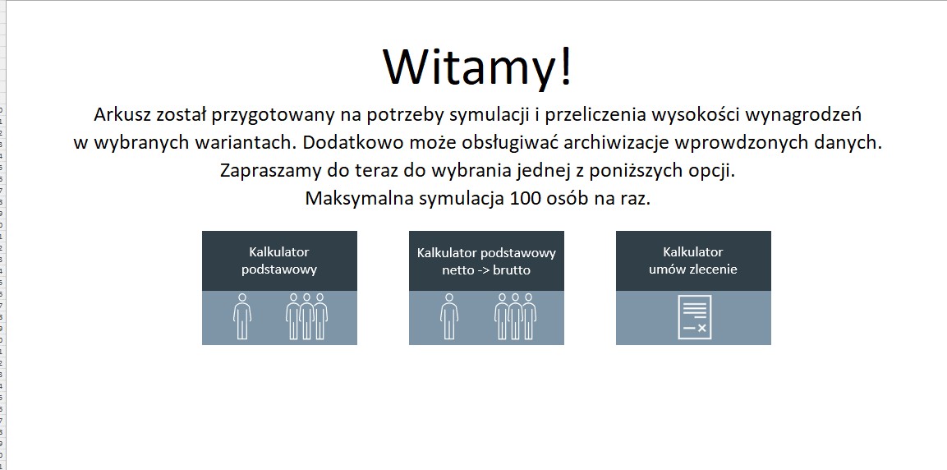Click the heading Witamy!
477,67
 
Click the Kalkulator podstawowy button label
279,260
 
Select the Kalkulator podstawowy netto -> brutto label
486,260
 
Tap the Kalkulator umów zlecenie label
693,260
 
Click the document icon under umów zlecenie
694,317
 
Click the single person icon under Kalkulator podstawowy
242,316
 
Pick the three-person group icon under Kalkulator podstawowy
306,316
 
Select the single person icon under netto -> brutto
449,316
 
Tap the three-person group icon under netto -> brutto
515,316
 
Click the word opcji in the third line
710,171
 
